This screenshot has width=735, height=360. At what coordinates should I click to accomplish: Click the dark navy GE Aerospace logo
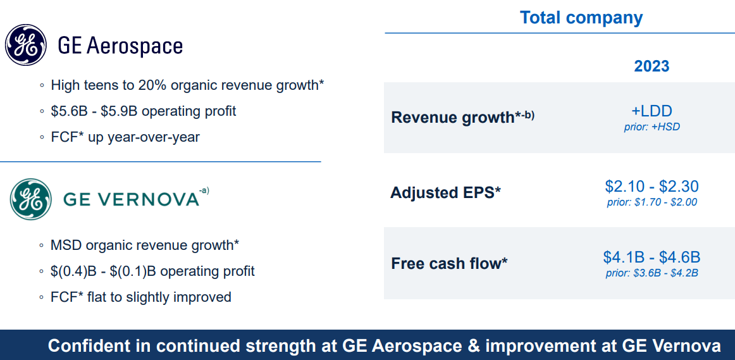click(x=26, y=45)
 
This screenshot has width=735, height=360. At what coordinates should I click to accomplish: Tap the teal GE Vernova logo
click(x=31, y=199)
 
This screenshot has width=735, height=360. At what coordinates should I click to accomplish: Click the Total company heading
click(x=581, y=18)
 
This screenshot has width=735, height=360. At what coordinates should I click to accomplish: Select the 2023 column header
click(x=652, y=66)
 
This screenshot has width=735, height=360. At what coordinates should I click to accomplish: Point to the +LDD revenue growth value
click(x=652, y=111)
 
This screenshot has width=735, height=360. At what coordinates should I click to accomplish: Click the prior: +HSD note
click(x=652, y=127)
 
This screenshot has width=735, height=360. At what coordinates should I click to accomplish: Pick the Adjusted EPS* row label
click(x=445, y=193)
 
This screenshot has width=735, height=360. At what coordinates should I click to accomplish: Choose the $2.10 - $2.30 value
click(x=652, y=186)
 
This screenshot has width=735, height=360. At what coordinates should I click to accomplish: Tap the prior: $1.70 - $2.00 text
click(x=652, y=202)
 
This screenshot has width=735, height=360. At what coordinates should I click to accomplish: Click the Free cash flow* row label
click(x=449, y=263)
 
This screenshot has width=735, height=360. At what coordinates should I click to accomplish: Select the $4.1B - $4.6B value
click(x=652, y=257)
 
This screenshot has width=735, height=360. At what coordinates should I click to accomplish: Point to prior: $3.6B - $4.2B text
click(x=652, y=273)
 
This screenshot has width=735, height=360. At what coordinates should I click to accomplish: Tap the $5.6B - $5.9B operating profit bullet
click(x=144, y=111)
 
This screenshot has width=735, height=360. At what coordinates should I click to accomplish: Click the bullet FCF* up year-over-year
click(x=125, y=137)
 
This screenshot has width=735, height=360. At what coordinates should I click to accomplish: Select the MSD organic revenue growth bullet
click(x=145, y=245)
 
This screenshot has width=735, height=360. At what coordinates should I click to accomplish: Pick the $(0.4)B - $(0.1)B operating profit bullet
click(x=153, y=271)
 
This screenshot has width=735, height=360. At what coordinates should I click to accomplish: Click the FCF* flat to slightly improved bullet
click(x=141, y=297)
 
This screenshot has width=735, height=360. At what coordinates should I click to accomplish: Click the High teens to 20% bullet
click(x=187, y=85)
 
